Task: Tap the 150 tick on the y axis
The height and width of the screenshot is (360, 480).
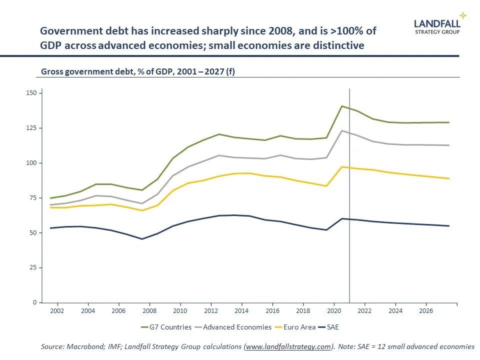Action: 33,93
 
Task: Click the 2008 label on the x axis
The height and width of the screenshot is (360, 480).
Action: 149,310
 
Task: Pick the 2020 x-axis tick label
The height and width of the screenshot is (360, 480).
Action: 333,310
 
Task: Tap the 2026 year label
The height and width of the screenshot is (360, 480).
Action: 426,310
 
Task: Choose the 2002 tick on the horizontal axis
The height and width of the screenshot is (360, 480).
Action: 57,310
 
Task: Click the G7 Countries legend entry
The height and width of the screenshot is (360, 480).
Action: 166,327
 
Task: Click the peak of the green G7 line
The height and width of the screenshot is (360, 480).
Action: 342,106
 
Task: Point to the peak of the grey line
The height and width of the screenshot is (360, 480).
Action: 342,130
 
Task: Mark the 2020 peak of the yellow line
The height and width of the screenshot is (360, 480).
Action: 342,166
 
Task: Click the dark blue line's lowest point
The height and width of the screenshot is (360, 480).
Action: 142,239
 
